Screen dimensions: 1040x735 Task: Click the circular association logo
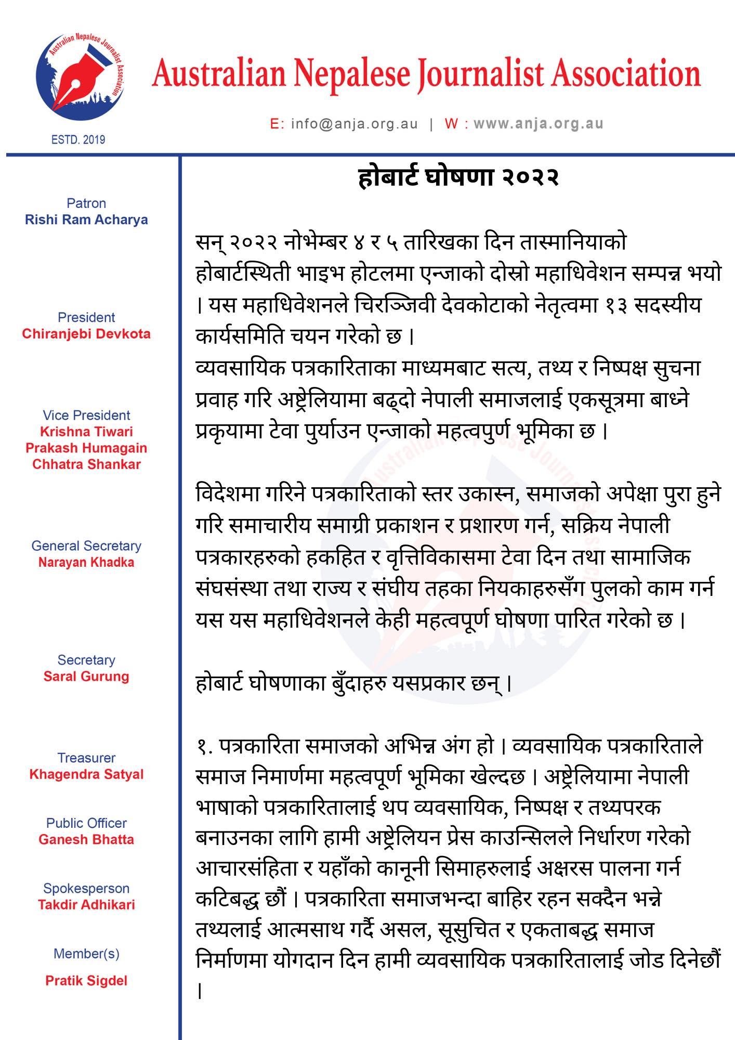pyautogui.click(x=80, y=77)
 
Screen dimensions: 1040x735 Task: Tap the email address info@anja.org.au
pyautogui.click(x=354, y=124)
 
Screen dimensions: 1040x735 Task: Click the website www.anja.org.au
pyautogui.click(x=538, y=124)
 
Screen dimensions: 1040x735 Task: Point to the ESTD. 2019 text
pyautogui.click(x=78, y=139)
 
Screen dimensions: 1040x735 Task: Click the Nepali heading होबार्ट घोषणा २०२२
pyautogui.click(x=458, y=177)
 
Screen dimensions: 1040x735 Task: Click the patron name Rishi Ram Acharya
pyautogui.click(x=86, y=220)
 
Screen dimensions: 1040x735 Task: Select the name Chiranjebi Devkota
pyautogui.click(x=86, y=334)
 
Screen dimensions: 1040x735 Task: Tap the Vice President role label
pyautogui.click(x=86, y=415)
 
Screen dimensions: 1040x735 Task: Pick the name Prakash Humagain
pyautogui.click(x=86, y=448)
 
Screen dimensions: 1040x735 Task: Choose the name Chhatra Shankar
pyautogui.click(x=86, y=464)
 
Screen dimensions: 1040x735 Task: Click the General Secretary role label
pyautogui.click(x=86, y=546)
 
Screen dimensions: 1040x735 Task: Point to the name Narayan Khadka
pyautogui.click(x=86, y=562)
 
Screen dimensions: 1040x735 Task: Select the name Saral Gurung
pyautogui.click(x=86, y=677)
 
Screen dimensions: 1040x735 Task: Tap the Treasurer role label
pyautogui.click(x=86, y=758)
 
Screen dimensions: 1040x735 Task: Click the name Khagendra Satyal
pyautogui.click(x=86, y=774)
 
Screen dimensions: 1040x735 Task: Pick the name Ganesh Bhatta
pyautogui.click(x=86, y=840)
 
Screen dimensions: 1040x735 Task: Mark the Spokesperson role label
pyautogui.click(x=86, y=889)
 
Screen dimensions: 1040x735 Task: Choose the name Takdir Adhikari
pyautogui.click(x=86, y=905)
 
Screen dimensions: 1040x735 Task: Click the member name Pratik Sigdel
pyautogui.click(x=86, y=981)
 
